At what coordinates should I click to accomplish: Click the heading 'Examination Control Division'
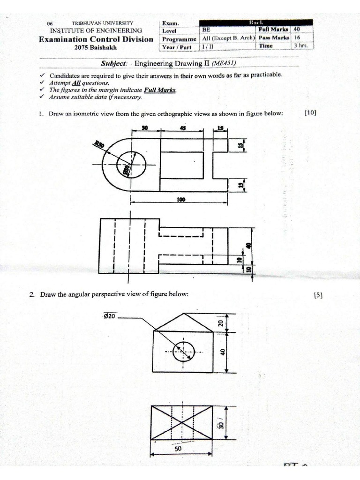pyautogui.click(x=96, y=39)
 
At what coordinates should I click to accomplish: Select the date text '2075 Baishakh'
pyautogui.click(x=96, y=47)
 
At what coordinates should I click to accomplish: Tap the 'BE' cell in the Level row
pyautogui.click(x=206, y=29)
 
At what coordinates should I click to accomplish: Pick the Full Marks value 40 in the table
pyautogui.click(x=297, y=29)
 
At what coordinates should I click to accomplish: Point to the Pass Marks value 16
pyautogui.click(x=297, y=37)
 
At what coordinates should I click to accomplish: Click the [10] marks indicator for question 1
pyautogui.click(x=310, y=113)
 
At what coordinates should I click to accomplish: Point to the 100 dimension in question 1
pyautogui.click(x=180, y=199)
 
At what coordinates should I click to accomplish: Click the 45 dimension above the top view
pyautogui.click(x=182, y=127)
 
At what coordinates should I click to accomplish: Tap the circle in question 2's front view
pyautogui.click(x=184, y=352)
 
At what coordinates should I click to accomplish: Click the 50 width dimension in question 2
pyautogui.click(x=178, y=448)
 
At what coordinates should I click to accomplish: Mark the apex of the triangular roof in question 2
pyautogui.click(x=183, y=314)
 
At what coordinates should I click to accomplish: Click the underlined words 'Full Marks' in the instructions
pyautogui.click(x=161, y=90)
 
